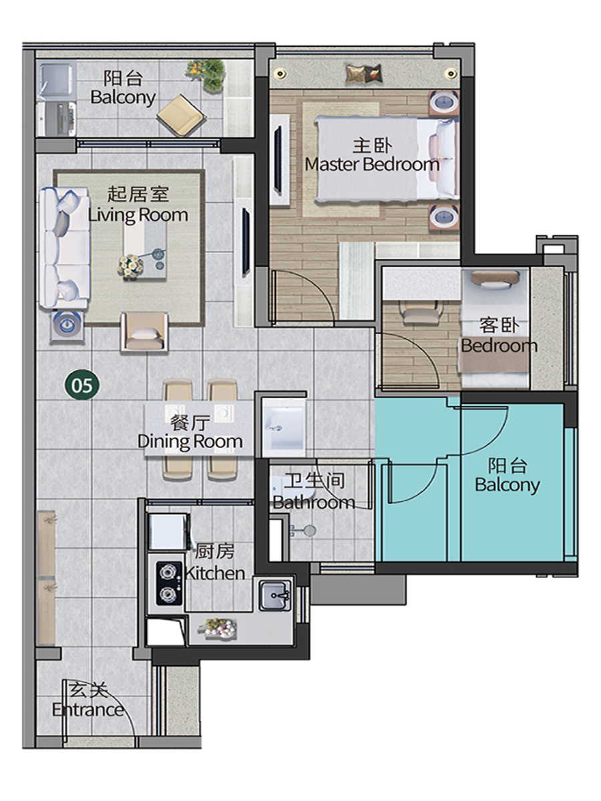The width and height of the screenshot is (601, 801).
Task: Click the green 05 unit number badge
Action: (81, 385)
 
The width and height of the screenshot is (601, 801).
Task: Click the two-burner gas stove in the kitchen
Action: (169, 583)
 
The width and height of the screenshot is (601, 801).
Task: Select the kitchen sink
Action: (274, 596)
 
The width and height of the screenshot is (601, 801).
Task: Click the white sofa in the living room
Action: (65, 248)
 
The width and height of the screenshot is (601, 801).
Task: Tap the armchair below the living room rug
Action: (144, 331)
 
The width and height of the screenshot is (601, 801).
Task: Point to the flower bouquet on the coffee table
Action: (130, 266)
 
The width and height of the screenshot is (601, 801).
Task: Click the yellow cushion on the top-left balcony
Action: (182, 115)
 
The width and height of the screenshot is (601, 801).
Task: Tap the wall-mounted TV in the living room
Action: (246, 241)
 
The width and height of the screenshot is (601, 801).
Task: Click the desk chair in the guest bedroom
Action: (419, 312)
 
